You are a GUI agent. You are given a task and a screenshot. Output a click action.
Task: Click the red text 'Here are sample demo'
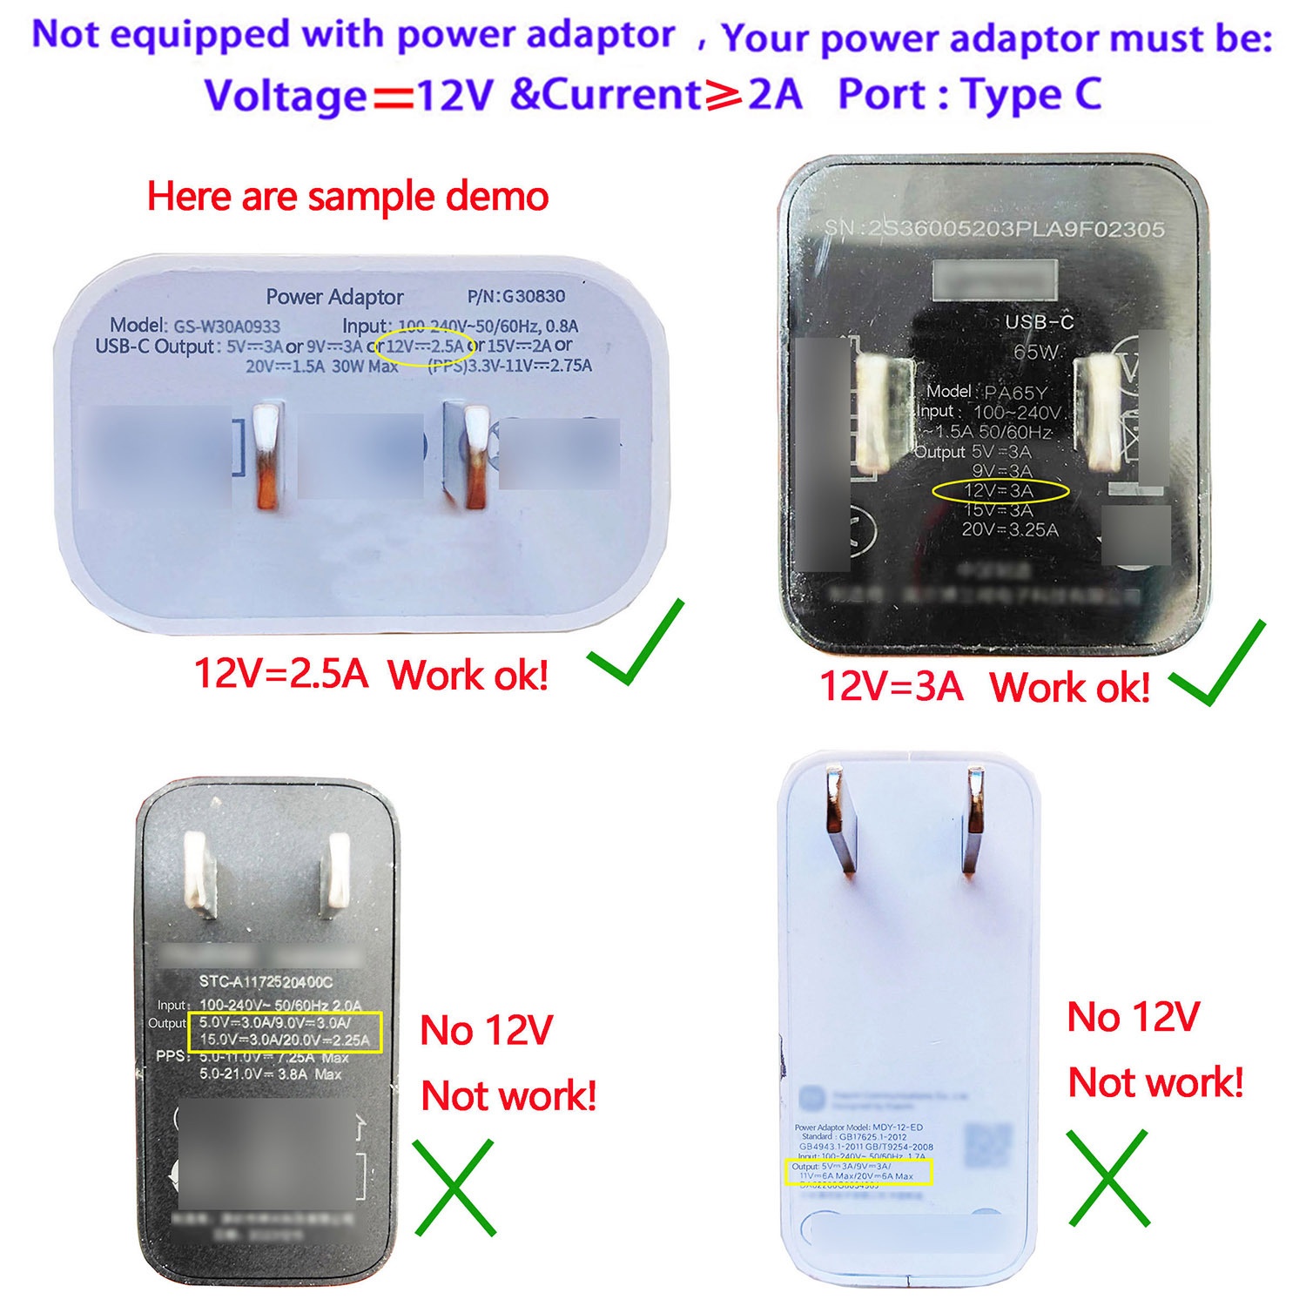pos(347,197)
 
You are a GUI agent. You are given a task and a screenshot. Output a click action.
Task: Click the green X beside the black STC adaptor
pos(454,1188)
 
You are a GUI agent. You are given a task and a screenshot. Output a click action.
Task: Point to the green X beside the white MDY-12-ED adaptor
pos(1107,1178)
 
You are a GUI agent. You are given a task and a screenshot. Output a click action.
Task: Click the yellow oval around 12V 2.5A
pos(424,347)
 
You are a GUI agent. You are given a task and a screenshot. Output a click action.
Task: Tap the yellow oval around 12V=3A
pos(1000,491)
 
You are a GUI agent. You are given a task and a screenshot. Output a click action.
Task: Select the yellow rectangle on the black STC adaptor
pos(286,1033)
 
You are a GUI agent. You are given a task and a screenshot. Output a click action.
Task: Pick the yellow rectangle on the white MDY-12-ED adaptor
pos(858,1172)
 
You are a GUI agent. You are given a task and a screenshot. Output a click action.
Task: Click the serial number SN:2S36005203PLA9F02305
pos(993,229)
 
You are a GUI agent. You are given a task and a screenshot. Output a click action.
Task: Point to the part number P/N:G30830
pos(516,296)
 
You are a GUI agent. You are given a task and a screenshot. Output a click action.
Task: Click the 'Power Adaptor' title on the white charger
pos(334,297)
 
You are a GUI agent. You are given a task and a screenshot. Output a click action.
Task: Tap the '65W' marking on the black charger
pos(1035,353)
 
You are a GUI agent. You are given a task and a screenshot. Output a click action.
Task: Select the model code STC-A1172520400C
pos(266,982)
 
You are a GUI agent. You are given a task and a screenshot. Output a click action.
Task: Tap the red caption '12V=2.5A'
pos(280,673)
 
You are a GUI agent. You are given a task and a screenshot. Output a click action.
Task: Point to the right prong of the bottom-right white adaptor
pos(975,820)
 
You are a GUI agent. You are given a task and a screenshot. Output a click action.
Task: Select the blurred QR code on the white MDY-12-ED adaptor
pos(989,1147)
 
